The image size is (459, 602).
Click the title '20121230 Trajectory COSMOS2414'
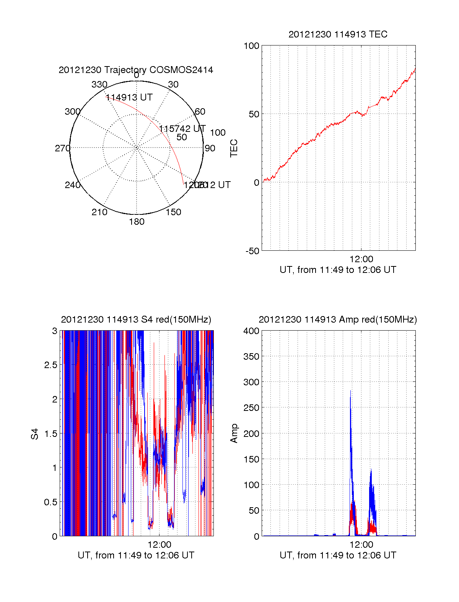(136, 70)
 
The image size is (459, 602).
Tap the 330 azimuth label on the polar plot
(99, 84)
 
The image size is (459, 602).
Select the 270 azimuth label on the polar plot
(62, 148)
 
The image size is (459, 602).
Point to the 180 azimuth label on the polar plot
(137, 222)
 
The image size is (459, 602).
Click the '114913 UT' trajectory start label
(129, 97)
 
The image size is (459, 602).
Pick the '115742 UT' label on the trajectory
(182, 128)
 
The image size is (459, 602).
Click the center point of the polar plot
(137, 148)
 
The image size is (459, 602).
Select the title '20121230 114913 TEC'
(338, 34)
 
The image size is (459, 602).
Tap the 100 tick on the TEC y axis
(251, 46)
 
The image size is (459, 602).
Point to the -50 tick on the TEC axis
(252, 251)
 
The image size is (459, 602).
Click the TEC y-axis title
(234, 148)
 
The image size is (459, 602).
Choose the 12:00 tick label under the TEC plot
(361, 260)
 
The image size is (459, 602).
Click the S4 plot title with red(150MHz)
(136, 320)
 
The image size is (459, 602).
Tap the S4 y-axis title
(35, 434)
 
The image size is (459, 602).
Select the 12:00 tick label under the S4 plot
(159, 545)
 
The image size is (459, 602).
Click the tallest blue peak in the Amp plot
(350, 391)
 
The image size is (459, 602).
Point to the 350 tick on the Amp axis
(251, 357)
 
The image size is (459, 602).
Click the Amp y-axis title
(234, 433)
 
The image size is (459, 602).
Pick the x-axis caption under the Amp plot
(338, 555)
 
